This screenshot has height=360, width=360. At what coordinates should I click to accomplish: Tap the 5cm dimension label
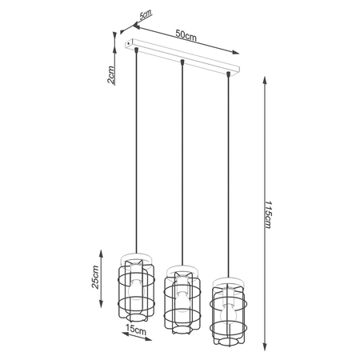pos(145,16)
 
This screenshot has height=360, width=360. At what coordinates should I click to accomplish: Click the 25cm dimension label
pos(97,276)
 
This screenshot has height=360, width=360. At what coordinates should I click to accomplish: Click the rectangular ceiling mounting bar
pos(186,54)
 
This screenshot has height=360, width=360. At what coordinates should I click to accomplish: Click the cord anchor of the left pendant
pos(138,50)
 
